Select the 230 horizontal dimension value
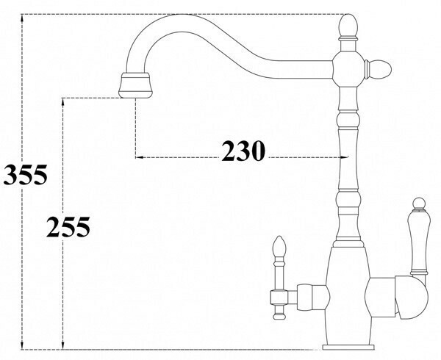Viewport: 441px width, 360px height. [x=242, y=151]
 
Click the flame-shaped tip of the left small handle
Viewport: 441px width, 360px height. [x=279, y=245]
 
